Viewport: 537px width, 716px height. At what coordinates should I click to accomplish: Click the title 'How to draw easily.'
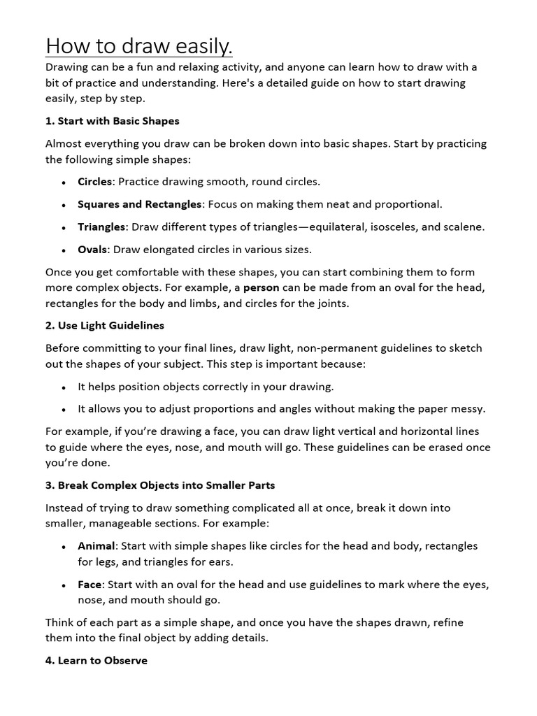[138, 46]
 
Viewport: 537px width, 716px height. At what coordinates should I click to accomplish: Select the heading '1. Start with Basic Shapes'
[112, 121]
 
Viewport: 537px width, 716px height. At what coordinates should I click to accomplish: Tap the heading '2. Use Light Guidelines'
[105, 325]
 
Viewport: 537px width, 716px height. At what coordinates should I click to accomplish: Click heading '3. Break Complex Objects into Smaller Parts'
[160, 485]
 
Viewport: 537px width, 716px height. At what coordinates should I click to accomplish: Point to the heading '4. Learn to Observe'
[96, 660]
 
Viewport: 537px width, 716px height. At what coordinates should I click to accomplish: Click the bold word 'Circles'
[94, 182]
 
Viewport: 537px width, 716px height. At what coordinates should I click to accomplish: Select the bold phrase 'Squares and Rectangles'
[140, 204]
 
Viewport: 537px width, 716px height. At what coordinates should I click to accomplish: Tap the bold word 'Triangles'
[101, 227]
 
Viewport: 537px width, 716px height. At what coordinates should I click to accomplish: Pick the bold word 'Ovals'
[92, 249]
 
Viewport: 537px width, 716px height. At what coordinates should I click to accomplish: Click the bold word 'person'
[262, 287]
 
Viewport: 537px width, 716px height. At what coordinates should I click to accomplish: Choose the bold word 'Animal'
[95, 545]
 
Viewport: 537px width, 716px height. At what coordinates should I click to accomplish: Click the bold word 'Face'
[90, 584]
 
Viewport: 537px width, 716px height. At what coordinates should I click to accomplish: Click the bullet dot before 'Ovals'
[63, 250]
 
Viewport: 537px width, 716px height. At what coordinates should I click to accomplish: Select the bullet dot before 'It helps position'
[63, 387]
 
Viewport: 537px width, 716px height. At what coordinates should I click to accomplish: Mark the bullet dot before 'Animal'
[63, 546]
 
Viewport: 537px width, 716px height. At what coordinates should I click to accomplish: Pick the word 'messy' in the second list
[467, 408]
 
